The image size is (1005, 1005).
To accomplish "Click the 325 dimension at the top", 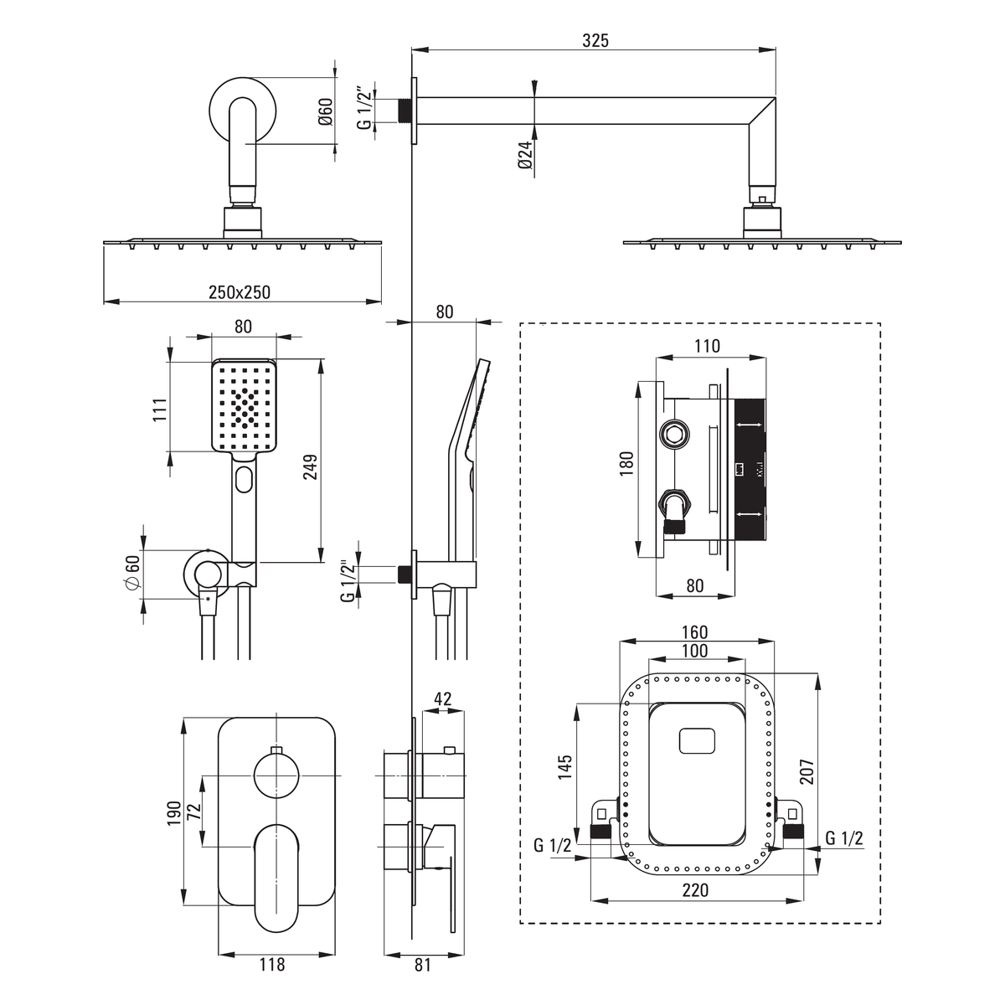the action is (595, 41).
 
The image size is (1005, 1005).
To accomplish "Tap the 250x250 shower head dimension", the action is (240, 292).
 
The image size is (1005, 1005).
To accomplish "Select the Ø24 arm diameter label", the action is (525, 155).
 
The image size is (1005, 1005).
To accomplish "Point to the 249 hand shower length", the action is (310, 466).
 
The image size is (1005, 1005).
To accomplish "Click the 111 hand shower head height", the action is (160, 410).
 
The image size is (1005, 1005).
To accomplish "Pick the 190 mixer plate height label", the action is (173, 813).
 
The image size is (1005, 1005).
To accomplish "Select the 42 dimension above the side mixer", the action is (443, 698).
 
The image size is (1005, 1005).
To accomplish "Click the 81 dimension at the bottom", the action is (422, 965).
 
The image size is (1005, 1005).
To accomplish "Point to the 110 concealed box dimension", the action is (707, 346).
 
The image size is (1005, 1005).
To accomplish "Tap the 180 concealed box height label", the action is (626, 462).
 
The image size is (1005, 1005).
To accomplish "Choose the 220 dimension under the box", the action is (696, 889).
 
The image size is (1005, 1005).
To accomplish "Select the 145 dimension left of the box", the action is (564, 766).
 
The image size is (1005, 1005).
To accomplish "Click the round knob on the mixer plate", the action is (277, 776).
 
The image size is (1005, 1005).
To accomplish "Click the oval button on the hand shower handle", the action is (244, 479).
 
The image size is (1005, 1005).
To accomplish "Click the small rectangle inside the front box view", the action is (697, 741).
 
